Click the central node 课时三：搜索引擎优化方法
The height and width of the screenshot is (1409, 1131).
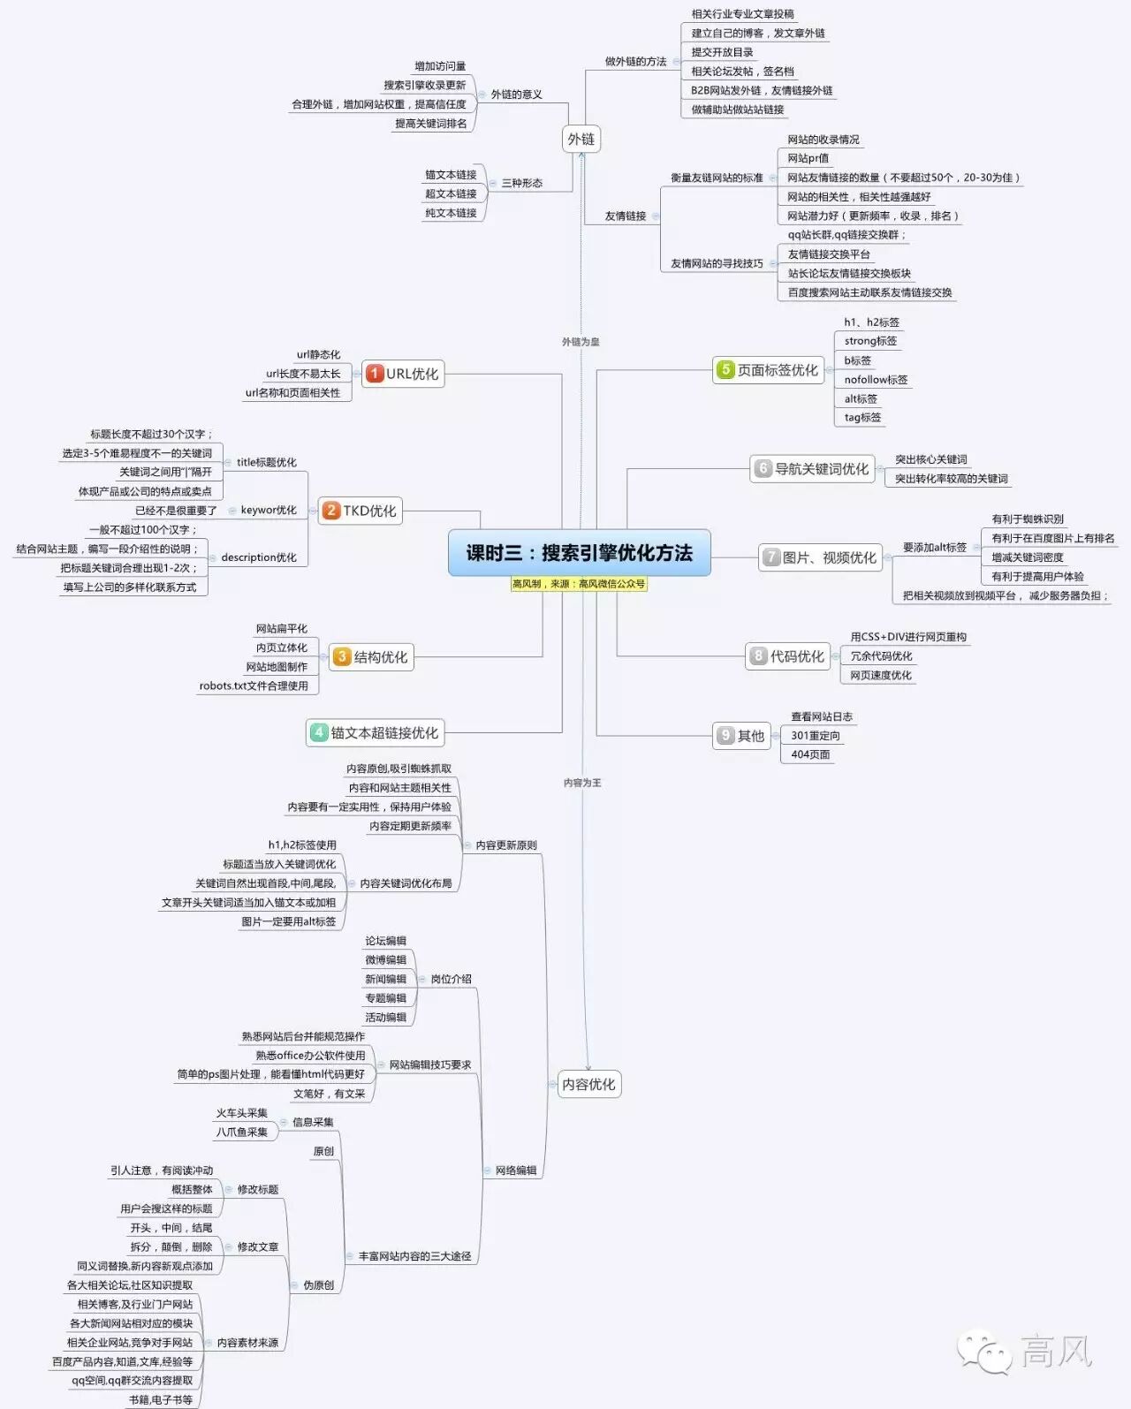pos(579,553)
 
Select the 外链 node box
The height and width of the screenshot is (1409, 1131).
pos(581,139)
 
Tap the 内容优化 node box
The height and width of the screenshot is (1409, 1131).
pos(588,1084)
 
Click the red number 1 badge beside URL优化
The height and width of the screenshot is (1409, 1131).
pos(375,373)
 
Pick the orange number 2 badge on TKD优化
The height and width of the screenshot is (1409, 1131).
pos(331,510)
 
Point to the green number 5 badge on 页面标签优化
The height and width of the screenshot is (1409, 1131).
pos(725,369)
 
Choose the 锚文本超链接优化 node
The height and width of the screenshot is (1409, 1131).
pos(375,732)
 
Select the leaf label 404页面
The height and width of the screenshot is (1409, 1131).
pos(810,754)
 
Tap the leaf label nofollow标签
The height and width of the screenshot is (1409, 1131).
pos(875,380)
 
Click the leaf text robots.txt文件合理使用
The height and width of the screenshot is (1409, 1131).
pos(254,686)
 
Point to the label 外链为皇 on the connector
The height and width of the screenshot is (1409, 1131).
pos(581,342)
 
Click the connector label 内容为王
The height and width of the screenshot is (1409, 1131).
pos(582,783)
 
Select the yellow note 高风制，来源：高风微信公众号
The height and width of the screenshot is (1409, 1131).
pos(579,584)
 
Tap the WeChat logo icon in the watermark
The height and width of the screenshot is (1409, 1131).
pos(983,1352)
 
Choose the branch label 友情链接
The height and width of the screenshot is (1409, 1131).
pos(626,216)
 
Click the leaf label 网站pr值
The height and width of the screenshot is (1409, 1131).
pos(808,158)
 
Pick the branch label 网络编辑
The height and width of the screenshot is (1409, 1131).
pos(516,1170)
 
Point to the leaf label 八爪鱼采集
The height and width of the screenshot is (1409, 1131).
pos(242,1132)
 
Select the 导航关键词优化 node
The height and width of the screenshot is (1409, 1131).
pos(812,469)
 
